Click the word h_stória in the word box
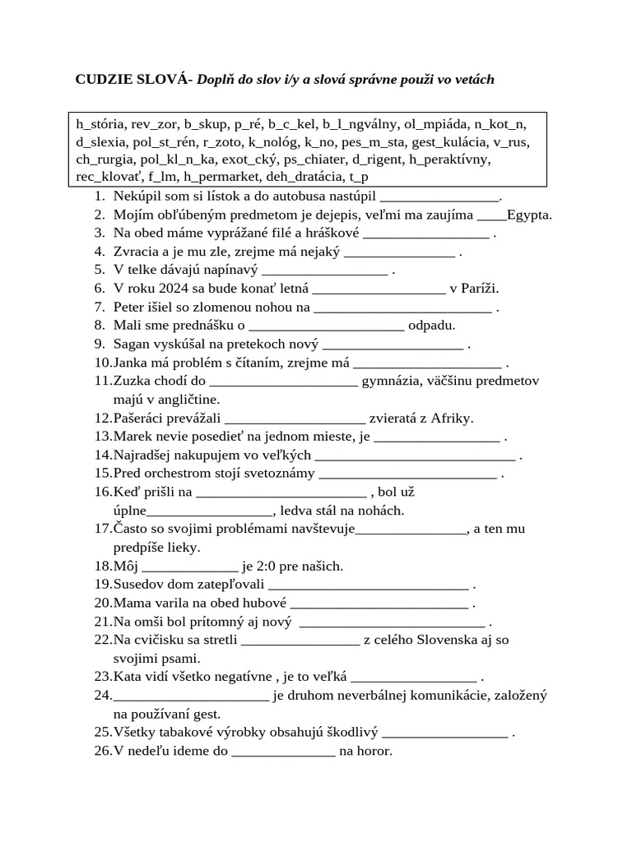coord(100,125)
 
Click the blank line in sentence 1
coord(441,197)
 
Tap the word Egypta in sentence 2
coord(528,215)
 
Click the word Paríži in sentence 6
coord(479,288)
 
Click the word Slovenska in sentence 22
coord(445,640)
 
